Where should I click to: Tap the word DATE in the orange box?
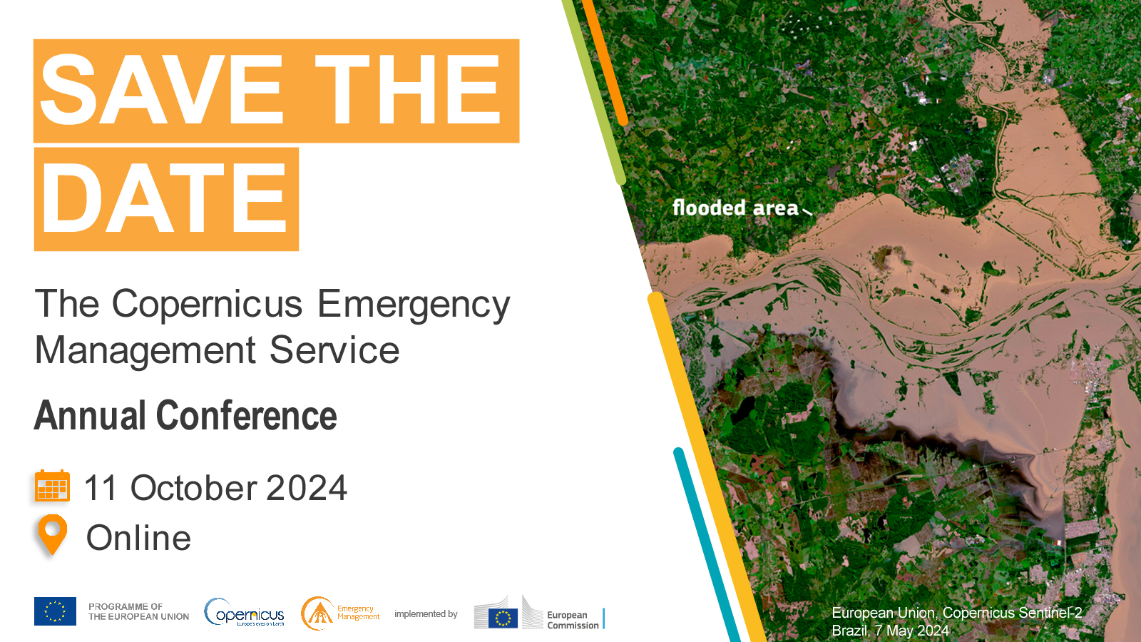(165, 199)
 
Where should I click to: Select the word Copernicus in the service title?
(208, 304)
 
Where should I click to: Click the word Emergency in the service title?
(414, 305)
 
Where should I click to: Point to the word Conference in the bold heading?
(246, 416)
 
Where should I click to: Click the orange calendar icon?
(52, 486)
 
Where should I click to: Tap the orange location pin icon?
(52, 534)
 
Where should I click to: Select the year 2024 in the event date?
(307, 489)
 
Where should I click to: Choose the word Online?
(139, 538)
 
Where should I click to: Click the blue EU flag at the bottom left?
(55, 611)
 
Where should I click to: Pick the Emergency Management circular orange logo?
(318, 613)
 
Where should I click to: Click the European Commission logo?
(539, 613)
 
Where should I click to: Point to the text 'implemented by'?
(426, 614)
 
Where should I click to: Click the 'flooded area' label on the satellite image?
(735, 208)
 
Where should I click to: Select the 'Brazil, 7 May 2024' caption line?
(890, 631)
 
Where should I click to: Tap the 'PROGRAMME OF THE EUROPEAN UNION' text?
(138, 612)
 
